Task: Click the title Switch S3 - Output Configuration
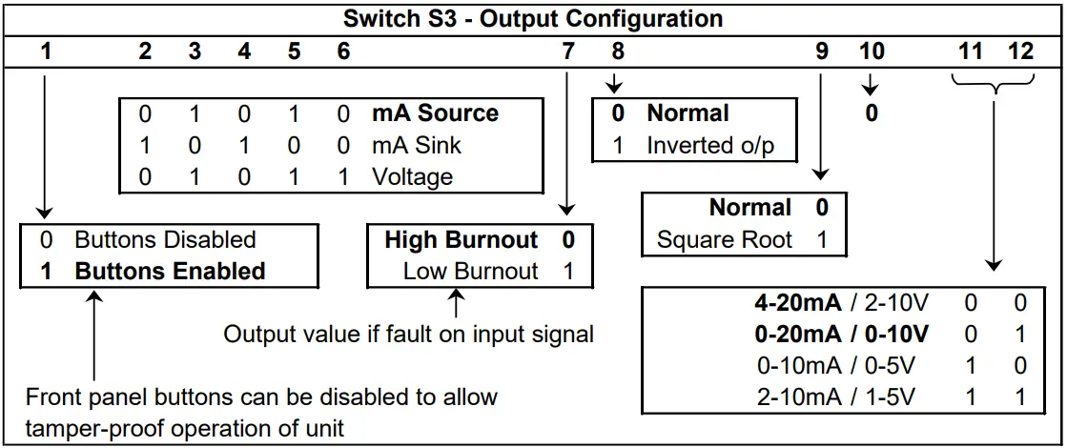point(532,18)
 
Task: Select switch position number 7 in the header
point(568,51)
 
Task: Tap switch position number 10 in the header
point(872,51)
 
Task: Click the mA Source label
point(435,113)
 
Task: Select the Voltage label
point(413,177)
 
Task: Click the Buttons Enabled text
point(170,271)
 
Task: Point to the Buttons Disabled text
point(165,239)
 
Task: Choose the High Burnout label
point(462,239)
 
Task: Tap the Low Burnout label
point(471,271)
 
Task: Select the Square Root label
point(725,239)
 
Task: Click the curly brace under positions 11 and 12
point(995,88)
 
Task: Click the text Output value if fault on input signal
point(408,334)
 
